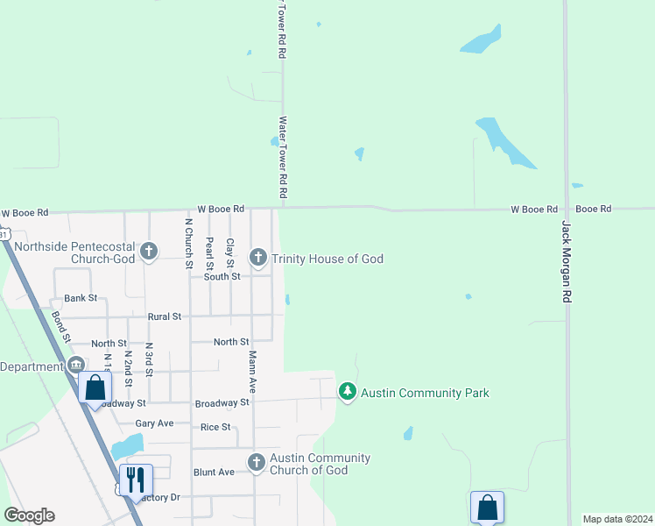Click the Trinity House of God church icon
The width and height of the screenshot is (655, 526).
click(257, 258)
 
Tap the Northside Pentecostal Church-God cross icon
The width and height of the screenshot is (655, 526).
click(149, 252)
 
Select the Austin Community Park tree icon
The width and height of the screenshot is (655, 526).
click(348, 391)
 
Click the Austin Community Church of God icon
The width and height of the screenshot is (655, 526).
click(256, 462)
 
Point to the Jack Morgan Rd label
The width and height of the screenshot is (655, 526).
click(566, 261)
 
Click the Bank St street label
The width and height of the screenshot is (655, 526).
click(80, 299)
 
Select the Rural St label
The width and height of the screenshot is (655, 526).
click(165, 316)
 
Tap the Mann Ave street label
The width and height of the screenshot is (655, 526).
click(252, 371)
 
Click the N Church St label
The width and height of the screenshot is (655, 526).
click(188, 242)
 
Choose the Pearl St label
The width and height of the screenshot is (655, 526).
click(208, 252)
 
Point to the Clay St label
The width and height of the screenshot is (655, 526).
click(230, 252)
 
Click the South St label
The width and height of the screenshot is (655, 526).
click(222, 277)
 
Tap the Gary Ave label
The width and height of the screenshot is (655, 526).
click(154, 423)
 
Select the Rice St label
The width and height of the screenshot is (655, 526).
click(215, 427)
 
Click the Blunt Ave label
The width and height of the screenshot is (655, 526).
click(214, 472)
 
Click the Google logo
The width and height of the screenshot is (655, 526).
click(29, 515)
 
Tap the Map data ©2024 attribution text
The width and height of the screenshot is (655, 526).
click(617, 519)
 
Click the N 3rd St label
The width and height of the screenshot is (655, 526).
click(150, 359)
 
